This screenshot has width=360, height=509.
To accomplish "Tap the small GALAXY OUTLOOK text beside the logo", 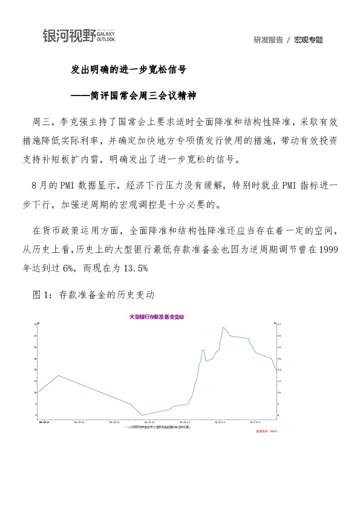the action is pos(106,36).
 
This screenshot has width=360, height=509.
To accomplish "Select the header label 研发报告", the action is pos(269,40).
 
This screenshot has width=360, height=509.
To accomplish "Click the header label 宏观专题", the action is pos(309,40).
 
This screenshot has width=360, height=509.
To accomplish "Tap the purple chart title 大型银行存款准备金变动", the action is pos(156,316).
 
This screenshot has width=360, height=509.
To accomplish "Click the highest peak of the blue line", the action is pos(223,327).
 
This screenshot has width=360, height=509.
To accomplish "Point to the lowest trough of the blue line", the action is pos(142,415).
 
